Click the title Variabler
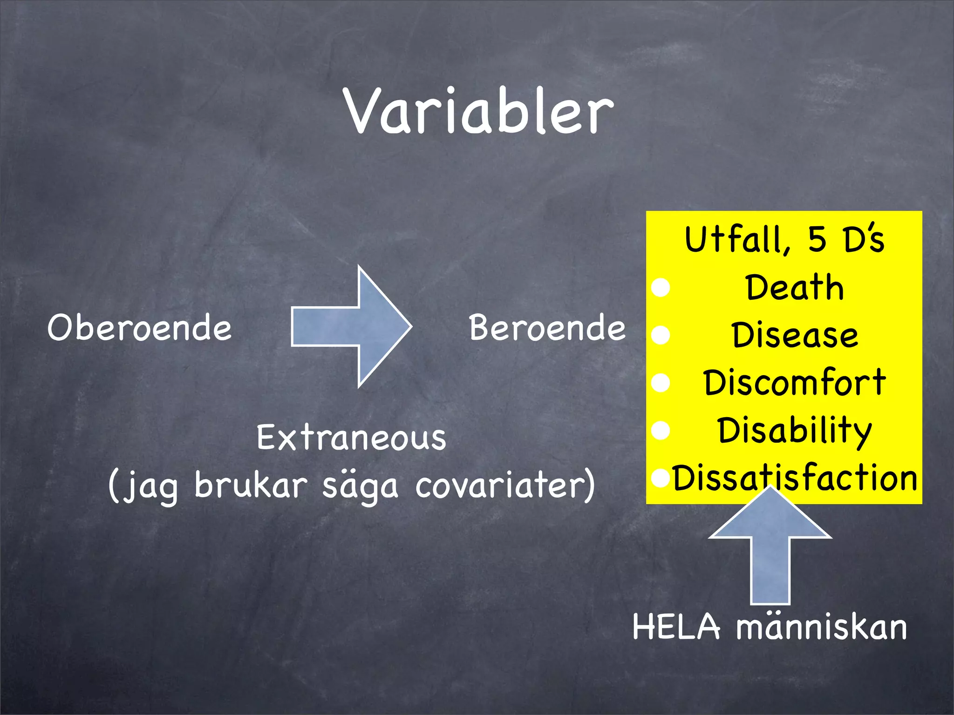click(x=479, y=112)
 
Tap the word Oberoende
click(x=139, y=328)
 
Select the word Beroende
click(x=547, y=328)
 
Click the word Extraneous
click(x=351, y=438)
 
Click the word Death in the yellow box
click(x=795, y=288)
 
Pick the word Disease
click(x=795, y=335)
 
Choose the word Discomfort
click(x=795, y=383)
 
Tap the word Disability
click(x=795, y=430)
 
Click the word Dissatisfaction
click(x=795, y=478)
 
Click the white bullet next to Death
click(x=661, y=288)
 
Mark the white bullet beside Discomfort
click(x=661, y=383)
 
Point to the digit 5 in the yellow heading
click(x=817, y=239)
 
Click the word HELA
click(x=676, y=627)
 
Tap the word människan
click(x=822, y=627)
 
